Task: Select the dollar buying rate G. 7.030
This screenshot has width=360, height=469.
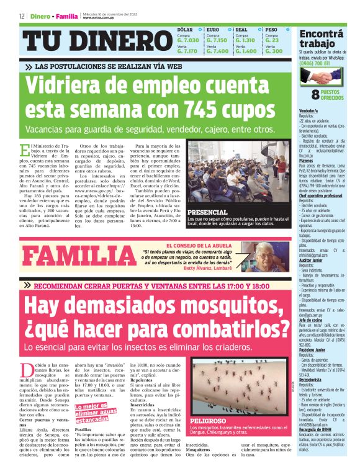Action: pos(187,40)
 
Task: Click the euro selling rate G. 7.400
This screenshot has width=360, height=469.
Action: pos(218,51)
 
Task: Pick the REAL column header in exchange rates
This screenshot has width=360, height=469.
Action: pos(241,29)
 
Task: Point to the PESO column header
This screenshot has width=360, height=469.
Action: pos(271,29)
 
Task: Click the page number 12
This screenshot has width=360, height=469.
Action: pos(22,16)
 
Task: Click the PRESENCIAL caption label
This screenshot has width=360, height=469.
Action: pos(206,212)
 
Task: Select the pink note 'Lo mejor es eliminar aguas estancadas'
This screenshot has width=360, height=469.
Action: pos(93,411)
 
